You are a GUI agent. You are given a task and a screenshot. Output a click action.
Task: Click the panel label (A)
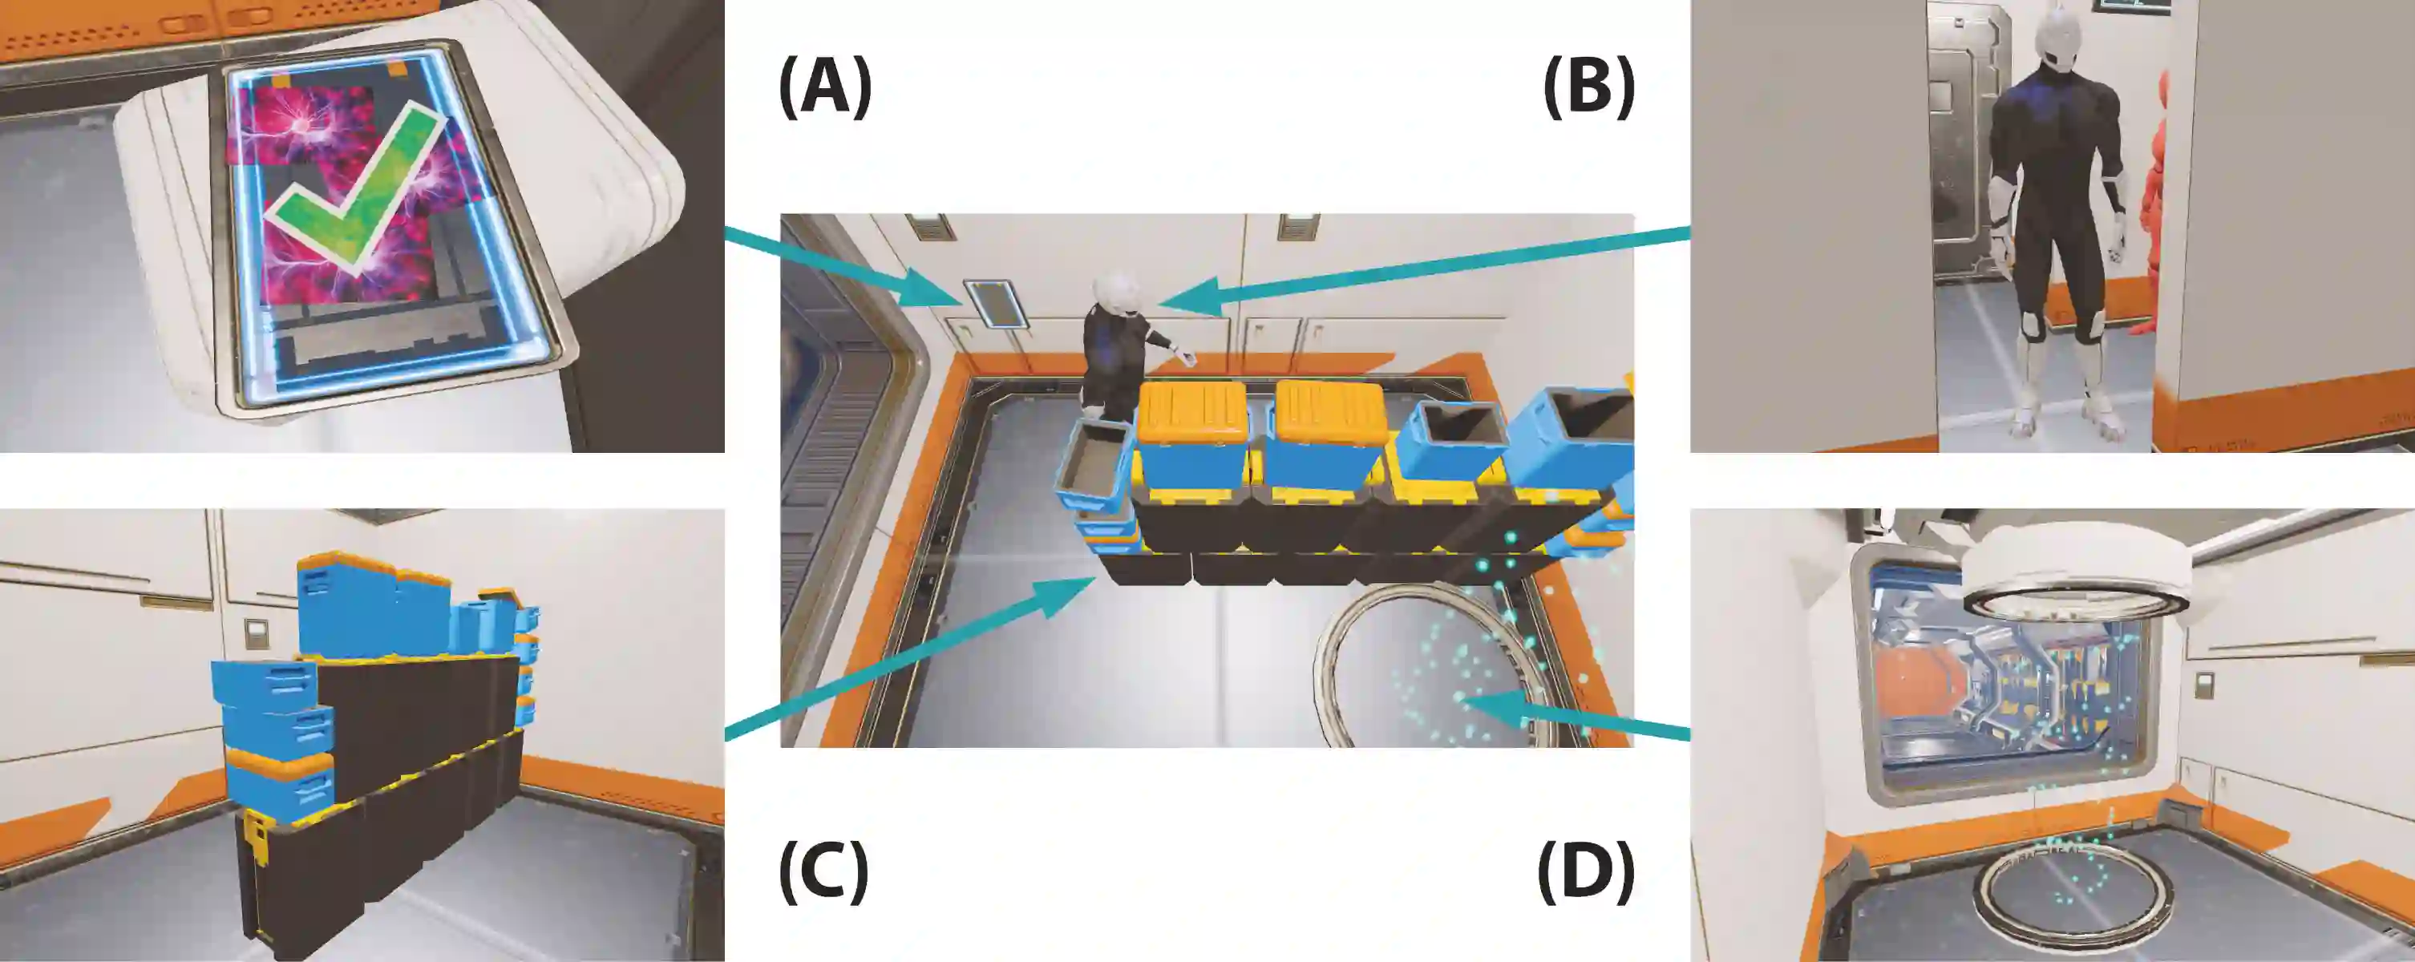click(825, 87)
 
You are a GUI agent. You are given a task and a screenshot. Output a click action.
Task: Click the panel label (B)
click(1589, 87)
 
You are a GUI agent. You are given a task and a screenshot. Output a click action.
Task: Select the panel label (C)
click(823, 872)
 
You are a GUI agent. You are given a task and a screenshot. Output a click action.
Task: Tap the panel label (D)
click(1586, 872)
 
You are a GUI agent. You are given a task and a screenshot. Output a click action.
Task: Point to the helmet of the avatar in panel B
click(2051, 42)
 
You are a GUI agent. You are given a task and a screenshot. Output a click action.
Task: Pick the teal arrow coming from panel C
click(909, 661)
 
